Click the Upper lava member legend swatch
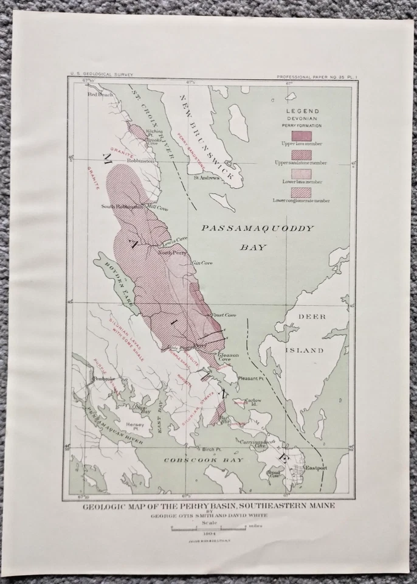point(302,134)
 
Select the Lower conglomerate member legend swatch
point(302,193)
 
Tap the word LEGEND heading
point(302,111)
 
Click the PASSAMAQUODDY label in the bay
point(257,229)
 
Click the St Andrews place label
point(206,178)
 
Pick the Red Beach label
point(100,95)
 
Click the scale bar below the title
point(208,526)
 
